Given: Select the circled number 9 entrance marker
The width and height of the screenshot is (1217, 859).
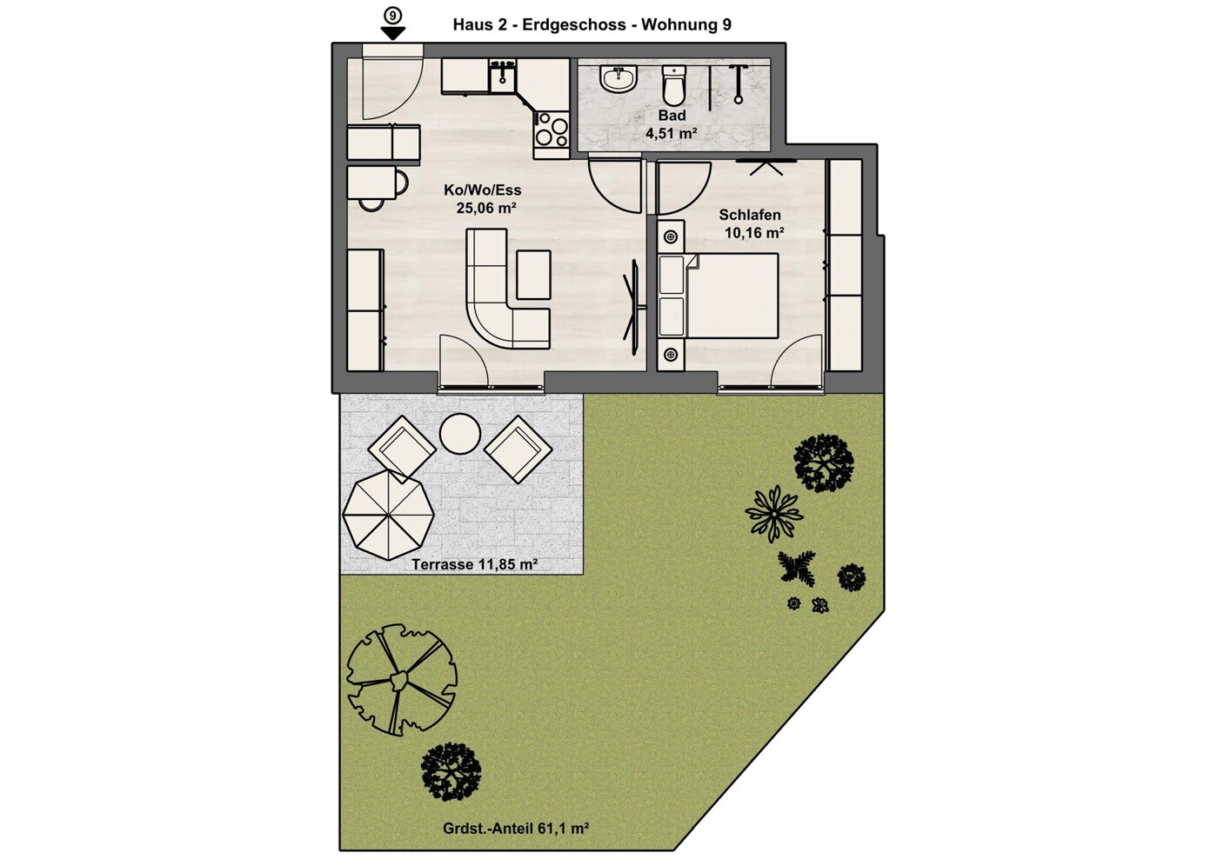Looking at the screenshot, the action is pos(391,17).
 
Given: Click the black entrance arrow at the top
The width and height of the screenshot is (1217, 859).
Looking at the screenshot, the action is pos(393,33).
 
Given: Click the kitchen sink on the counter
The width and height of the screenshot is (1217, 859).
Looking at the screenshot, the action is pos(122,76).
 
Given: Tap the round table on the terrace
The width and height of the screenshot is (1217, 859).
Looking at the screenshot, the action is pos(459,435).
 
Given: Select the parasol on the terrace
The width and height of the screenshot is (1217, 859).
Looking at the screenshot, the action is pos(389,515).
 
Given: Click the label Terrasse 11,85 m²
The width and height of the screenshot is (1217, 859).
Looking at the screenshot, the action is pos(474,564).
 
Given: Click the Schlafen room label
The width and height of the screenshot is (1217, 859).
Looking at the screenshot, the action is pos(750,215).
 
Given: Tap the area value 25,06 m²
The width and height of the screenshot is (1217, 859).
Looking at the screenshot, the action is pos(485,208).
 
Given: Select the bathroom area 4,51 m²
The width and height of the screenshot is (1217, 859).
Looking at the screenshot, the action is pos(672,133).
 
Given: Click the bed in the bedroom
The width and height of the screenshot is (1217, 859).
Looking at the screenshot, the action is pos(719,296).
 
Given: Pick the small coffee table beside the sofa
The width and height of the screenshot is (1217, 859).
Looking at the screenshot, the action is pos(533,274).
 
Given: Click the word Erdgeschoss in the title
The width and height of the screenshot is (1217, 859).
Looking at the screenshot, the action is pos(574,25).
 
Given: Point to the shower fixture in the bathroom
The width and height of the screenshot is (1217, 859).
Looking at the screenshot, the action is pos(738,83).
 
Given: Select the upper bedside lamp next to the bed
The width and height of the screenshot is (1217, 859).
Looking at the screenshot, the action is pos(671,236).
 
